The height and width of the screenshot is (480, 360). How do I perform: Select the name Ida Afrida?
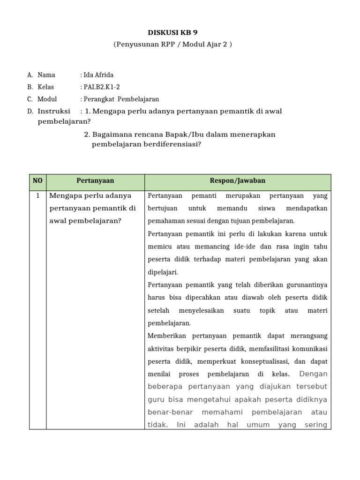click(98, 75)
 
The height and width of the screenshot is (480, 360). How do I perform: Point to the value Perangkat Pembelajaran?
click(121, 99)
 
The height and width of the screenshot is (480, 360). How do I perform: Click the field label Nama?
click(46, 75)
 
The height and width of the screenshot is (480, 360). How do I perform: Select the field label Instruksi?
click(54, 111)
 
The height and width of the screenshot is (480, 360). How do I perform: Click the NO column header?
click(37, 180)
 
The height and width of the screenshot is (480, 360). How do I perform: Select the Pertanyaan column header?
click(95, 180)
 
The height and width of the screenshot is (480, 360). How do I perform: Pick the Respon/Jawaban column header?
click(238, 180)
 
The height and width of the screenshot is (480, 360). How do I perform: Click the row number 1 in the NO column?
click(37, 195)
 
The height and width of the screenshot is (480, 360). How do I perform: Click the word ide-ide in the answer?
click(243, 247)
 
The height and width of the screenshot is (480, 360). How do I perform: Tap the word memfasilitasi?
click(270, 349)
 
